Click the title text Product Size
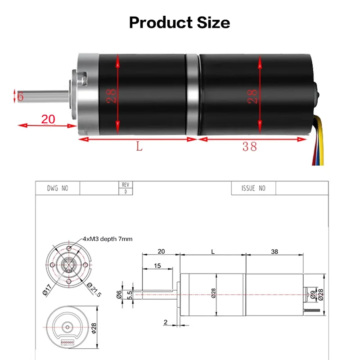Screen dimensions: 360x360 coord(180,22)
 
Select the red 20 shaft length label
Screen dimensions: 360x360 coord(48,119)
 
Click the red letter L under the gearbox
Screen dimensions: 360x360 coord(139,147)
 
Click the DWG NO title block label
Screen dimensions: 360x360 coord(58,188)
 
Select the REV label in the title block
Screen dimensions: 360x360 coord(125,184)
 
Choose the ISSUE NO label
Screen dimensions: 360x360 coord(253,188)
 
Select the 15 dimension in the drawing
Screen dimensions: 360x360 coord(157,266)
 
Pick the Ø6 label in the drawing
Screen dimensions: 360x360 coord(119,294)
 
